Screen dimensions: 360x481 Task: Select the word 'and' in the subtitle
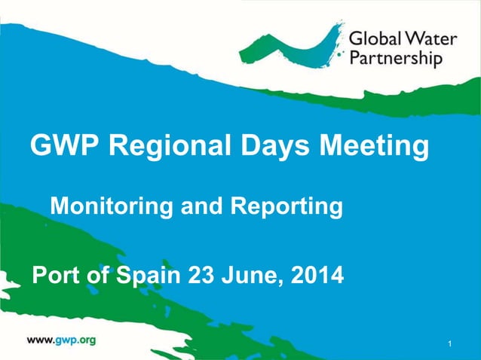tap(198, 205)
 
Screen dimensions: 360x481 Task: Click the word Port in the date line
tap(54, 276)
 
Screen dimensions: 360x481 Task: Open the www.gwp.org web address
tap(61, 340)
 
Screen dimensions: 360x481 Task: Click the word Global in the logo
tap(374, 38)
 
